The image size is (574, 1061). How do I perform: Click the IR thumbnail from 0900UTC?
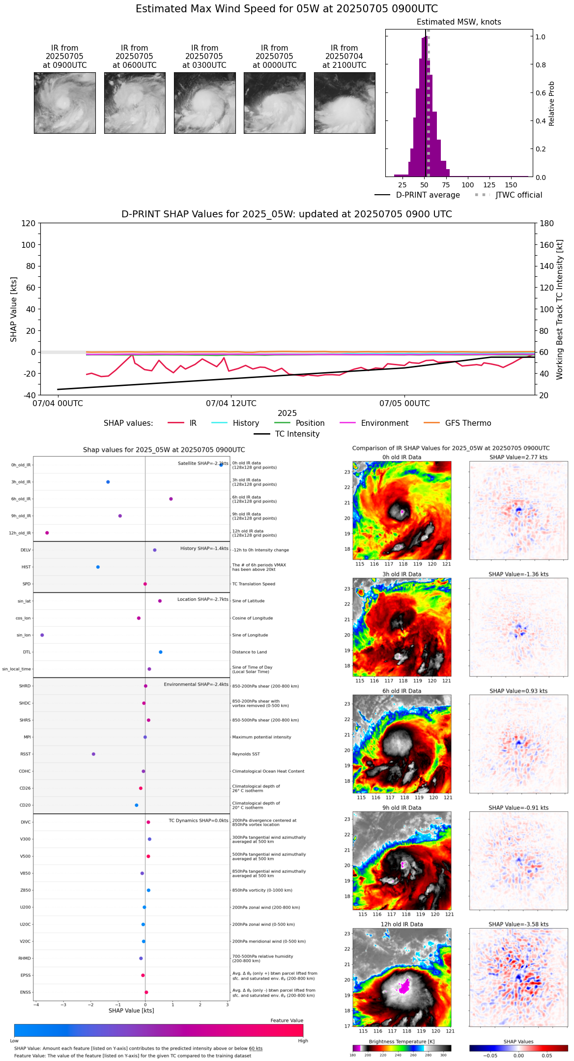pos(64,103)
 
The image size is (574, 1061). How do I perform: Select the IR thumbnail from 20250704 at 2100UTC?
pos(344,103)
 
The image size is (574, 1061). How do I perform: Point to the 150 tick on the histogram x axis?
pos(511,185)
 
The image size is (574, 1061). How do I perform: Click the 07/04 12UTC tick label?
pos(231,404)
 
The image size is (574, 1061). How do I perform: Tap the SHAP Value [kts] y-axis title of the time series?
pos(14,309)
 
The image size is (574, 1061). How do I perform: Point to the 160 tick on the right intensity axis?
pos(547,245)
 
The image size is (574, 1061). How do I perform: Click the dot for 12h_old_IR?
pos(47,533)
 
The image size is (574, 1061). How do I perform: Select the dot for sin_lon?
pos(42,635)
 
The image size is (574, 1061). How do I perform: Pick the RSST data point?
pos(93,754)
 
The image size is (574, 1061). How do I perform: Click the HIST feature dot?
pos(98,567)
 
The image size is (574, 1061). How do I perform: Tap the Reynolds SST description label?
pos(246,754)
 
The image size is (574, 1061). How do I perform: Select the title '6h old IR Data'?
pos(402,691)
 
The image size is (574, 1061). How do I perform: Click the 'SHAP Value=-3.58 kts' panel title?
pos(518,925)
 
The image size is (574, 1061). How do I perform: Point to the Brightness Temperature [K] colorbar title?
pos(402,1042)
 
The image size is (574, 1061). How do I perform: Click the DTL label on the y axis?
pos(27,652)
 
